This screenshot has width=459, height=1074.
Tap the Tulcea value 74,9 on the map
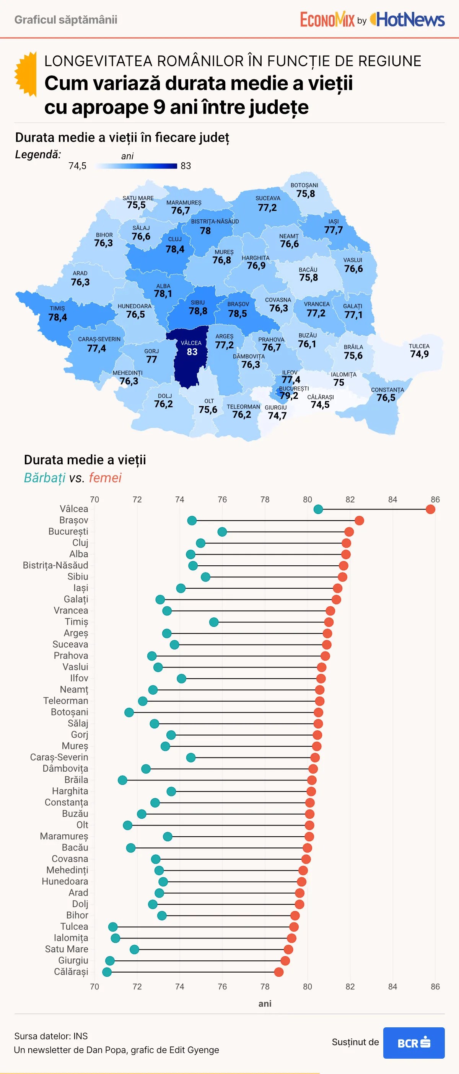(x=419, y=354)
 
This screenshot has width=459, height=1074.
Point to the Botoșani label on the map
(x=304, y=185)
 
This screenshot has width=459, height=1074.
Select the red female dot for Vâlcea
(x=430, y=509)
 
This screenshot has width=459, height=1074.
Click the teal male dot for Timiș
(x=214, y=622)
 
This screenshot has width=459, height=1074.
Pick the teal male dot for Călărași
(x=107, y=972)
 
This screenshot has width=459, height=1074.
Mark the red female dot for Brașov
(x=359, y=520)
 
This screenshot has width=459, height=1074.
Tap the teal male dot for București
(x=222, y=532)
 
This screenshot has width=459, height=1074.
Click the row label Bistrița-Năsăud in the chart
(x=55, y=565)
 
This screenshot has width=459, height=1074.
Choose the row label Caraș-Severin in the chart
(x=59, y=757)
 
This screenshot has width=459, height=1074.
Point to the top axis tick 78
(x=265, y=499)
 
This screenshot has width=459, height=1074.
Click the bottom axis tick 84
(x=392, y=986)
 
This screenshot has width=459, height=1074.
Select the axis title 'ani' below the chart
(x=265, y=1004)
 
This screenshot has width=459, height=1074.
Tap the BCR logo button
(x=413, y=1043)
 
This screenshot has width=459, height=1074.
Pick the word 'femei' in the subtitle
(x=105, y=478)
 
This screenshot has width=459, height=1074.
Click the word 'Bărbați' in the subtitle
(x=45, y=478)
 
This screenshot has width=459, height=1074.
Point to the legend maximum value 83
(x=186, y=166)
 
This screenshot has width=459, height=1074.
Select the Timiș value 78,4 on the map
(x=57, y=317)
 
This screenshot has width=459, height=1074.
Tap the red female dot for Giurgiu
(x=285, y=961)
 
